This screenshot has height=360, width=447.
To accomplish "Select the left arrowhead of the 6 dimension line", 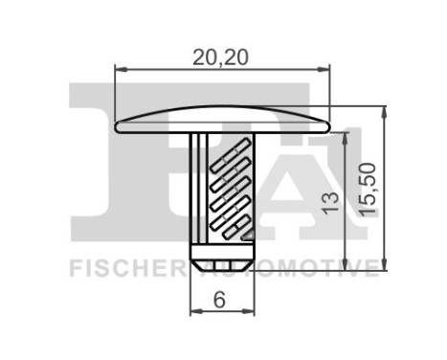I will pos(194,314).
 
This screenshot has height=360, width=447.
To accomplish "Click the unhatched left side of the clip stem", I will pos(198,187).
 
